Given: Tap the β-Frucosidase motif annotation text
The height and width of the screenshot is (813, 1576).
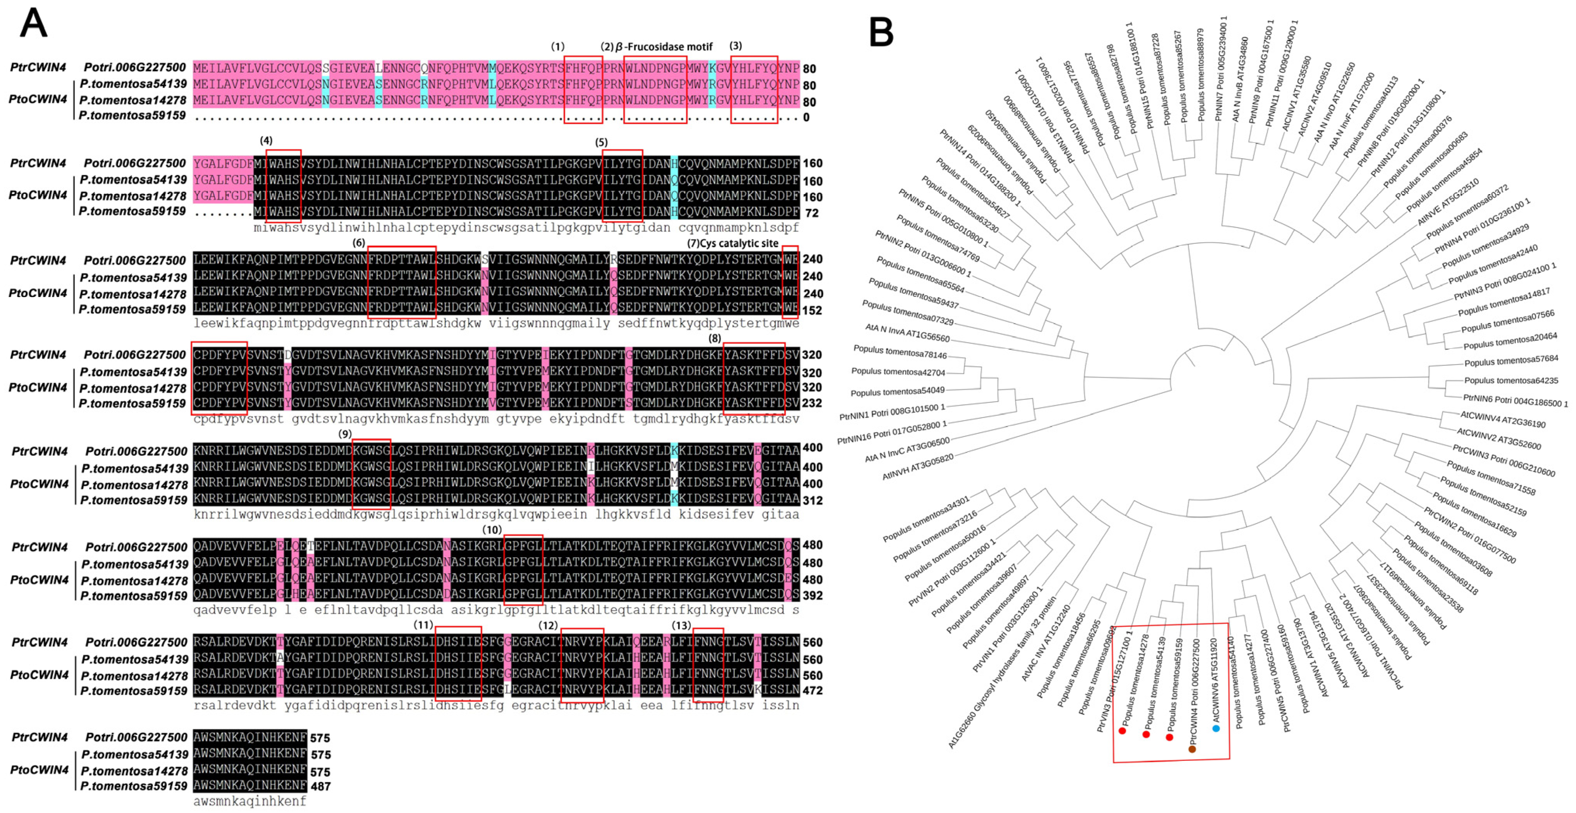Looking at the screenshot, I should (663, 46).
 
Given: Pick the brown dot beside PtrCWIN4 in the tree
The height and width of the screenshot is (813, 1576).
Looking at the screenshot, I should (1192, 749).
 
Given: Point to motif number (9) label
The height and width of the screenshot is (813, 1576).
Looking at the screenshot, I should (345, 434).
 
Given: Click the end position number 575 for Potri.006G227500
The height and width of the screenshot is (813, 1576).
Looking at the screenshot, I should (320, 738).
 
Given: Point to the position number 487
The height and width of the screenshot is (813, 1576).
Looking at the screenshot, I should (320, 787).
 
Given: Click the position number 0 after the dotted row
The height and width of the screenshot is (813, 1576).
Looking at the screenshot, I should (806, 117).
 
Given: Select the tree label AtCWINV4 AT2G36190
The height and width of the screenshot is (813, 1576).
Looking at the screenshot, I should (1502, 419).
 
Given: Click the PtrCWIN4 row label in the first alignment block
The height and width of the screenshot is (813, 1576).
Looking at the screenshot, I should (38, 67).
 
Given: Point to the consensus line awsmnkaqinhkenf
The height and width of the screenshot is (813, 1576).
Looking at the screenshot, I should (249, 801).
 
